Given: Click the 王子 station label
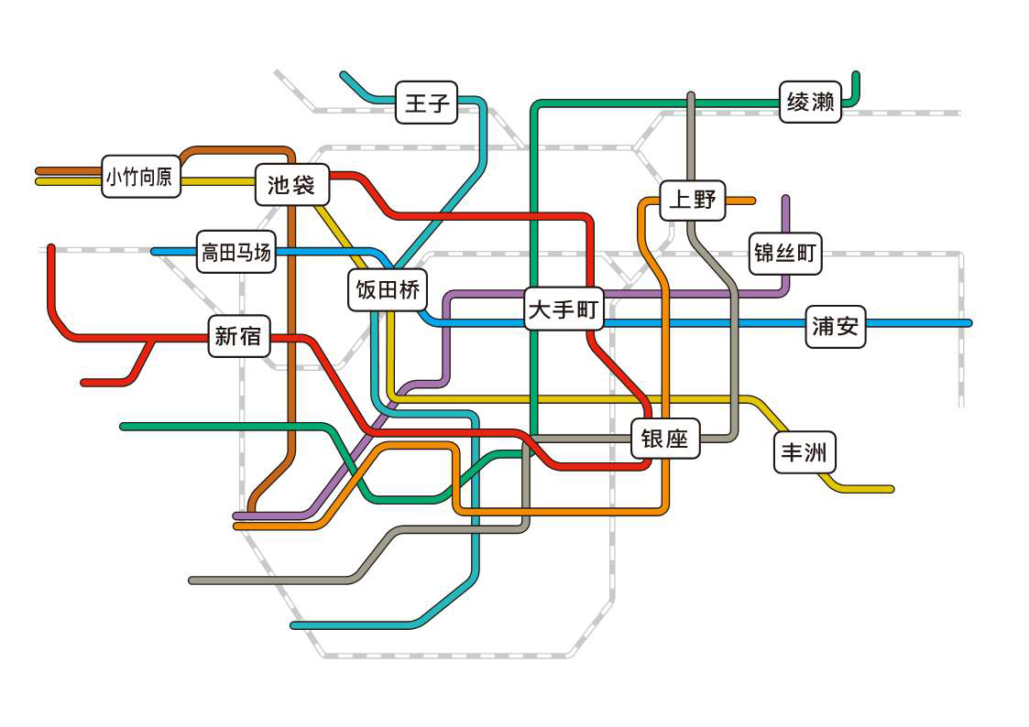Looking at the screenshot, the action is pyautogui.click(x=427, y=103).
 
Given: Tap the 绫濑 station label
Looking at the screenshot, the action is pyautogui.click(x=810, y=102).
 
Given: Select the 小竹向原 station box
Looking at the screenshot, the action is pyautogui.click(x=140, y=177).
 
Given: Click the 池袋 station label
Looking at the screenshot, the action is pyautogui.click(x=291, y=184).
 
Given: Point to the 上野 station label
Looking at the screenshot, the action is pyautogui.click(x=693, y=200).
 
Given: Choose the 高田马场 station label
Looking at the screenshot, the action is pyautogui.click(x=236, y=252).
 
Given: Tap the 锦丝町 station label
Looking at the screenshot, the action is pyautogui.click(x=785, y=253).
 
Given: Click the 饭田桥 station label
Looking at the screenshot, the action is pyautogui.click(x=388, y=289).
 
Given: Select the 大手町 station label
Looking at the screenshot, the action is pyautogui.click(x=564, y=309).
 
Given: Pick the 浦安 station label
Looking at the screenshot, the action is pyautogui.click(x=836, y=326).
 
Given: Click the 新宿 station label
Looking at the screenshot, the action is pyautogui.click(x=239, y=336).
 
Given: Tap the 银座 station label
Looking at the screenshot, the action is pyautogui.click(x=665, y=438).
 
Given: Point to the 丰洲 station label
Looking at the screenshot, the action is pyautogui.click(x=805, y=451).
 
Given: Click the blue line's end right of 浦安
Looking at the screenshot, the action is pyautogui.click(x=969, y=323).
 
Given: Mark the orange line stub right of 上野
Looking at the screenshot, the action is pyautogui.click(x=740, y=201).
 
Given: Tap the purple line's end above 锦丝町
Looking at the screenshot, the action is pyautogui.click(x=785, y=198).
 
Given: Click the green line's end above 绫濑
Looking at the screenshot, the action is pyautogui.click(x=856, y=75).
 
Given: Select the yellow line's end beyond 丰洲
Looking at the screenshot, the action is pyautogui.click(x=890, y=489).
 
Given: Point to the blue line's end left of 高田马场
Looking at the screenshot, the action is pyautogui.click(x=154, y=251).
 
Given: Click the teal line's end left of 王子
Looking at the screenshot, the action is pyautogui.click(x=344, y=74).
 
